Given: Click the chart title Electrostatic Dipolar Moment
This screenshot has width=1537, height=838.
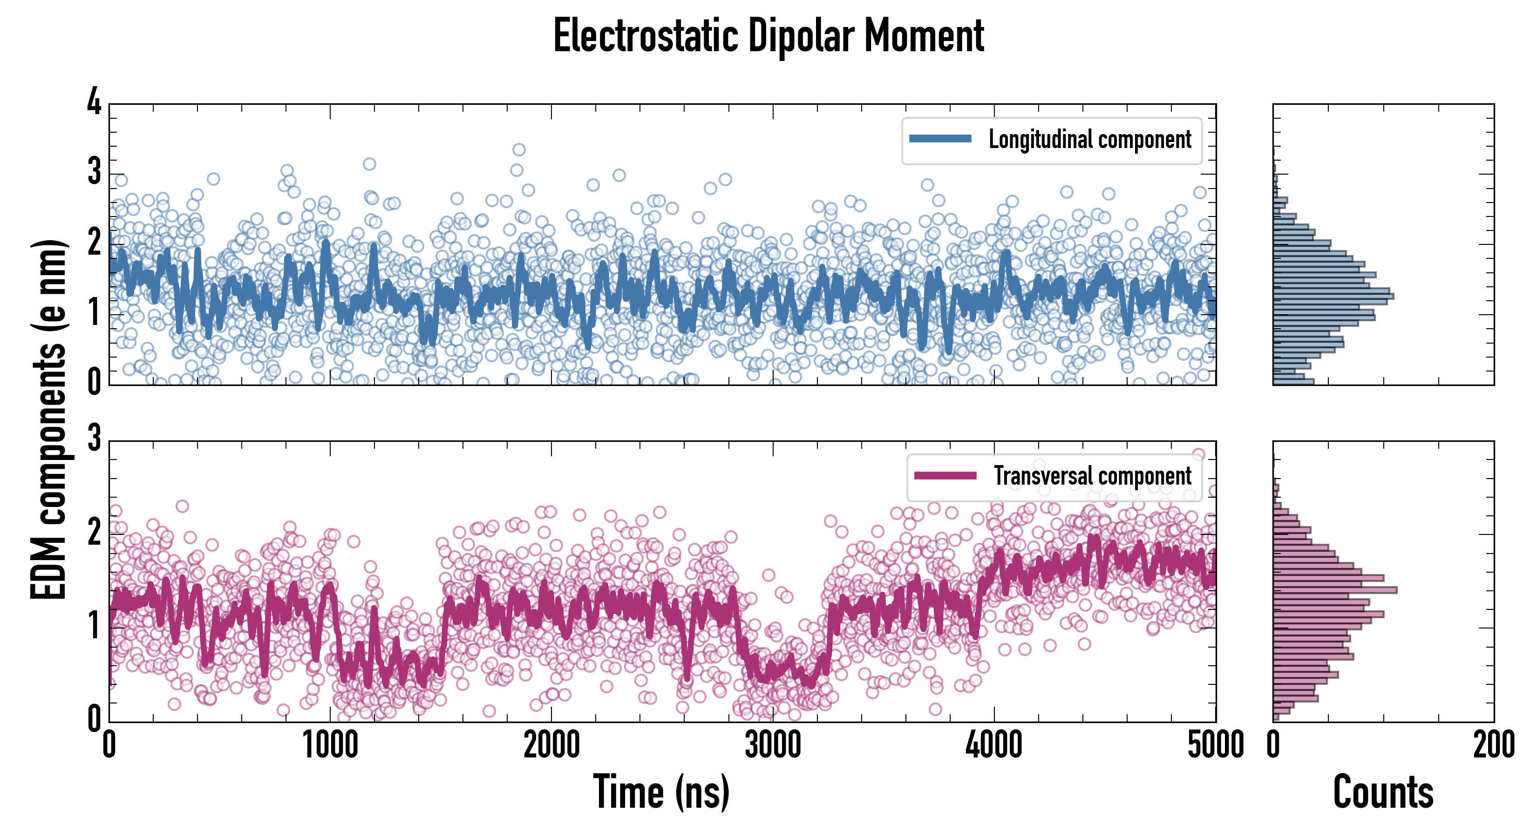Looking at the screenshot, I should point(768,36).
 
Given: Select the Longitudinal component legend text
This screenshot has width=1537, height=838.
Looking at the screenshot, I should point(1089,140).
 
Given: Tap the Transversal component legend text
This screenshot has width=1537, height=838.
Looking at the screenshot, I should point(1092,476).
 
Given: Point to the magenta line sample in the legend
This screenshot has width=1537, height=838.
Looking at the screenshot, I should point(945,475).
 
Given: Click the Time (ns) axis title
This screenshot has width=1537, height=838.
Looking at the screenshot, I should point(661,792).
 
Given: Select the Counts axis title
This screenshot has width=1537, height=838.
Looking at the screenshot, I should point(1383,792).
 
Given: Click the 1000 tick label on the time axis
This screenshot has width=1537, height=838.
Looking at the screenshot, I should point(330,745).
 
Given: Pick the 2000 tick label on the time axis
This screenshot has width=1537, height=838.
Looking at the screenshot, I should point(551,745).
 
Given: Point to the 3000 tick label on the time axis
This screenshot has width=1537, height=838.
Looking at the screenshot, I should point(773,745).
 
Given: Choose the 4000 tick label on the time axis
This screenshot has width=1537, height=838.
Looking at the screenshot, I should point(994,745).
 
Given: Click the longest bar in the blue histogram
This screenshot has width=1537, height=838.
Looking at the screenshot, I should point(1333,296).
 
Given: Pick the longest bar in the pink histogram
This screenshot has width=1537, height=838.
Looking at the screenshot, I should point(1335,590).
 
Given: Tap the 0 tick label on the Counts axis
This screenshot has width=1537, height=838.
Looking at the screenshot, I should point(1273,745).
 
